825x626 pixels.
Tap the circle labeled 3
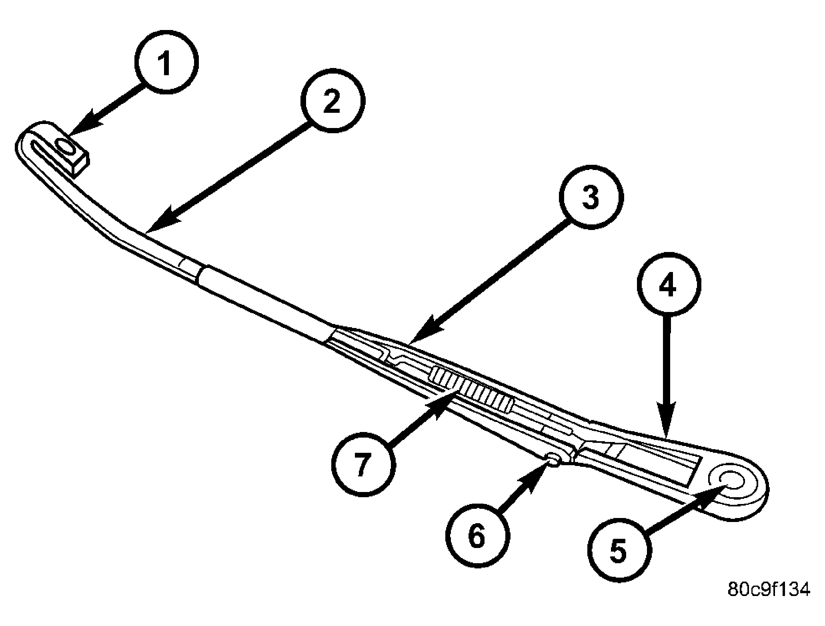coord(591,197)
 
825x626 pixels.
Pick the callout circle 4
coord(669,284)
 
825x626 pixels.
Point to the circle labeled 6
coord(478,535)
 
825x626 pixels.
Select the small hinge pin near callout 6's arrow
coord(553,459)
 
